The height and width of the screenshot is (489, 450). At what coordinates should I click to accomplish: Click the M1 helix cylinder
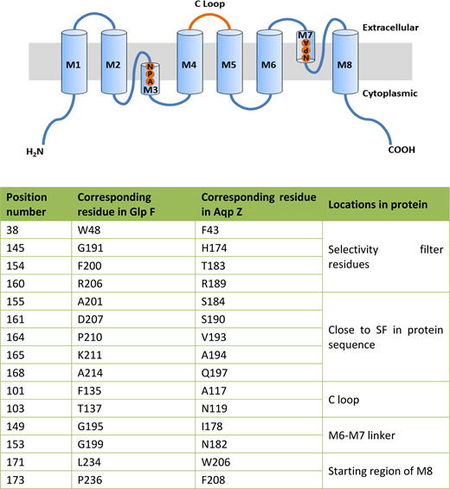74,61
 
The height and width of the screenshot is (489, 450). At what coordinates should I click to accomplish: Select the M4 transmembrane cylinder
190,61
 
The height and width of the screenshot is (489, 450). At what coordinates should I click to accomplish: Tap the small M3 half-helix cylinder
151,79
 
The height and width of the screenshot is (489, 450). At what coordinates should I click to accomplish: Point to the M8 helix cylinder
345,61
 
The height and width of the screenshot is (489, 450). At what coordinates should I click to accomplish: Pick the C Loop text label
209,4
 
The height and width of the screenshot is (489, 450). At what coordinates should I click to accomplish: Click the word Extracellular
390,28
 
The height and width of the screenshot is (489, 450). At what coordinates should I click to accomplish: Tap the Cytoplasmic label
389,93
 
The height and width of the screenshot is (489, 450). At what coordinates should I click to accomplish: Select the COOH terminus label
402,150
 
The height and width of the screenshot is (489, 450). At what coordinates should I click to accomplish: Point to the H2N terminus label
35,151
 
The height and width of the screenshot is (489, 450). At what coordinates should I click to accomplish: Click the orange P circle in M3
150,74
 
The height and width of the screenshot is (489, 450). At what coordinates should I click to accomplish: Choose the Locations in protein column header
377,204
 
